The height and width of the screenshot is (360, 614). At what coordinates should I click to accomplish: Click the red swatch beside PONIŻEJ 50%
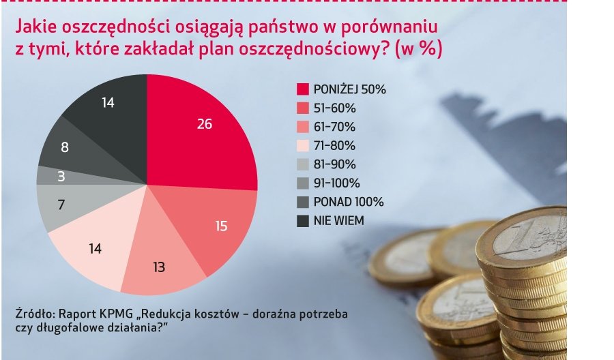click(x=302, y=89)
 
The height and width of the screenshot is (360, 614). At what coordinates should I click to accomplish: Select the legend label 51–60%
click(x=334, y=108)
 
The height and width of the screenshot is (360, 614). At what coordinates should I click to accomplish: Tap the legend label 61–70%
click(x=334, y=127)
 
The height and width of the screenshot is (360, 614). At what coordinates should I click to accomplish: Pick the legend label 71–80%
click(x=334, y=145)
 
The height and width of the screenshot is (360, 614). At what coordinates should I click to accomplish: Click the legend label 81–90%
click(x=334, y=164)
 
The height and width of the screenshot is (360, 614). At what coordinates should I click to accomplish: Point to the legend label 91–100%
click(x=336, y=183)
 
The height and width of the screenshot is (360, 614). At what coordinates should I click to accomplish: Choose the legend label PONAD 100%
click(x=349, y=202)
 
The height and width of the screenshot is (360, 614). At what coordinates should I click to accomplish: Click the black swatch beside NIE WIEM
click(x=302, y=220)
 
